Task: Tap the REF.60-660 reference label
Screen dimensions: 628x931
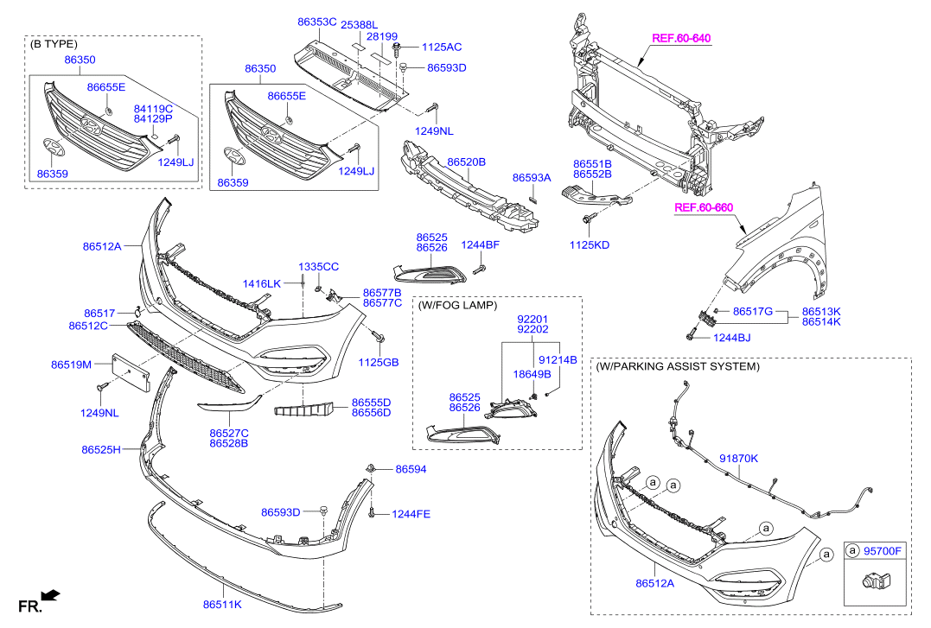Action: click(x=704, y=207)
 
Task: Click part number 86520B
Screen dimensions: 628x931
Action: click(x=466, y=162)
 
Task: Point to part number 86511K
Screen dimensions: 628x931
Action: click(x=223, y=605)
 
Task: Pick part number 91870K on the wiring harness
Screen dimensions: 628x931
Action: click(x=738, y=459)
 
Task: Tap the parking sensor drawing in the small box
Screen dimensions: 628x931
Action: click(x=874, y=584)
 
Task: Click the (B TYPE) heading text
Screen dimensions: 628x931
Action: click(x=54, y=43)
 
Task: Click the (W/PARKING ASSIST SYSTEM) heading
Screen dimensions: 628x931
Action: click(x=679, y=366)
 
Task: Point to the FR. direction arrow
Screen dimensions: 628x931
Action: click(x=49, y=595)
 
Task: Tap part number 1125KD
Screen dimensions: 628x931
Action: click(x=589, y=244)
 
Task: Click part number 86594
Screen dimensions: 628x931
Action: click(x=411, y=469)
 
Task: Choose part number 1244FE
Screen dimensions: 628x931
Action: click(x=411, y=514)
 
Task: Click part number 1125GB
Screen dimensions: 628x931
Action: click(x=379, y=362)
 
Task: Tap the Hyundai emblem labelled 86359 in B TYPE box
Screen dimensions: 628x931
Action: click(x=54, y=147)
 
